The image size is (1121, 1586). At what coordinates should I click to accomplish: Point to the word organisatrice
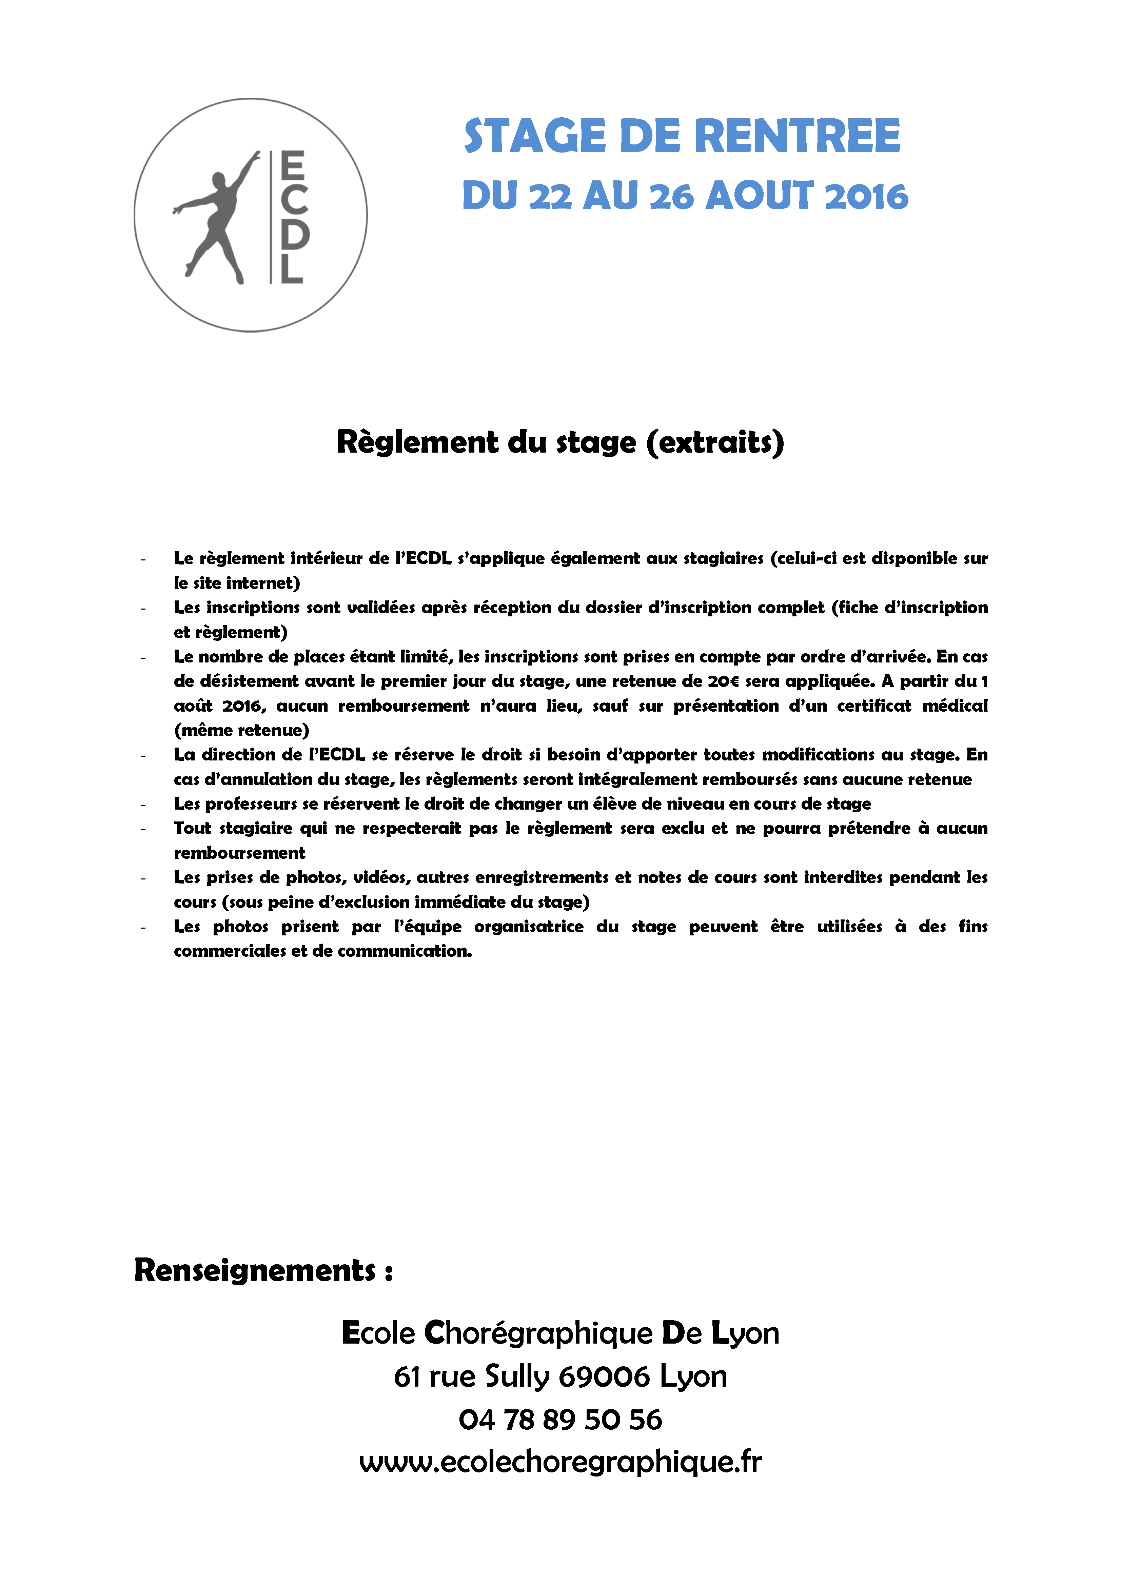[x=528, y=926]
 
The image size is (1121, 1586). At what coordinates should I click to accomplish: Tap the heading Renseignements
[x=255, y=1270]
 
